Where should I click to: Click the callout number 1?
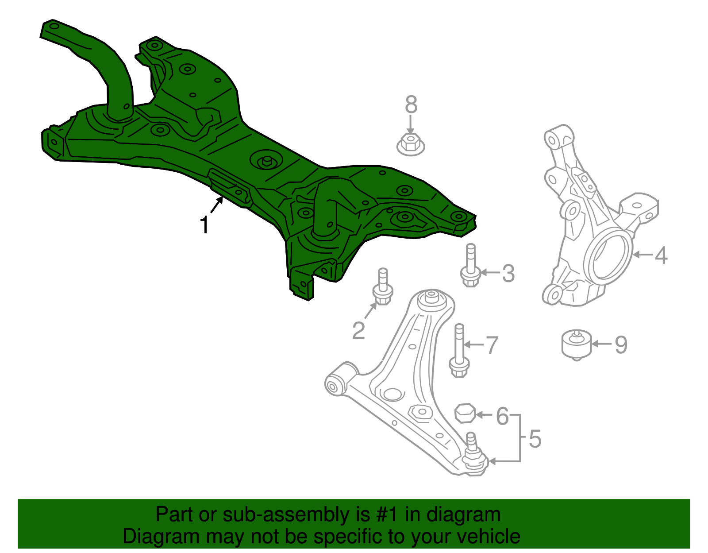204,224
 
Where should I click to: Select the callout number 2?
359,330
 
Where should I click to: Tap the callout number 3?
508,273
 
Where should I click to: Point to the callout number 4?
661,255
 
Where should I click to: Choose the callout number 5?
535,438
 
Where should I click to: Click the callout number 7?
492,345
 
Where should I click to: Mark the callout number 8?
411,105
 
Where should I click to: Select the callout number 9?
621,344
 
